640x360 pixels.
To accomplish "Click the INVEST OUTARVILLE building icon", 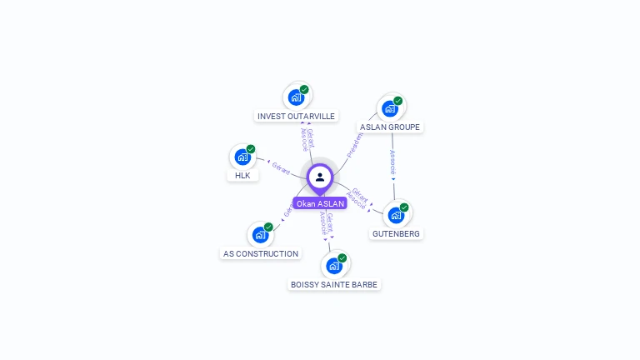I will [x=296, y=97].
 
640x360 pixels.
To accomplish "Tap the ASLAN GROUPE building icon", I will [x=389, y=108].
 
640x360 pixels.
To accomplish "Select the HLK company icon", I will [x=242, y=157].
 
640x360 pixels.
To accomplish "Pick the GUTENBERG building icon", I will [x=396, y=215].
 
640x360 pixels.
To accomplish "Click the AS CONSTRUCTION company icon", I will [x=260, y=235].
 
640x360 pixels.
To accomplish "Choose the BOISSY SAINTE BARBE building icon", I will [x=333, y=266].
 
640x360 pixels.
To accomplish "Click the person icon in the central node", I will [x=320, y=177].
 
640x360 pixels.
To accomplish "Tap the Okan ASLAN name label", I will [x=320, y=203].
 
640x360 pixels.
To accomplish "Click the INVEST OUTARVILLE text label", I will [x=296, y=117].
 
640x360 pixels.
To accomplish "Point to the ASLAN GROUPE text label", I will [x=390, y=127].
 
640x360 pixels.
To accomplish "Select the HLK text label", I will [x=242, y=176].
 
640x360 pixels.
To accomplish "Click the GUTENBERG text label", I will [x=396, y=234].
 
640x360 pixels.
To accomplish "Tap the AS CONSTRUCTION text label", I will [x=261, y=253].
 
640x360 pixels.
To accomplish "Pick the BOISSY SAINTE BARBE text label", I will [x=333, y=285].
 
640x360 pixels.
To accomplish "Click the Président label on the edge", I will [x=355, y=143].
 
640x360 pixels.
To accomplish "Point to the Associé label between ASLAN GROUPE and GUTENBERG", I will [x=393, y=162].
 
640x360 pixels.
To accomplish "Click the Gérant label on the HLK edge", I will [x=282, y=167].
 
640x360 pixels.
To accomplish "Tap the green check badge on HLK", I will [x=251, y=149].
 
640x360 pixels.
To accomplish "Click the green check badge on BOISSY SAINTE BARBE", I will [x=342, y=258].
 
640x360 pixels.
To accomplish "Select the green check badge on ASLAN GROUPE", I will [x=397, y=101].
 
